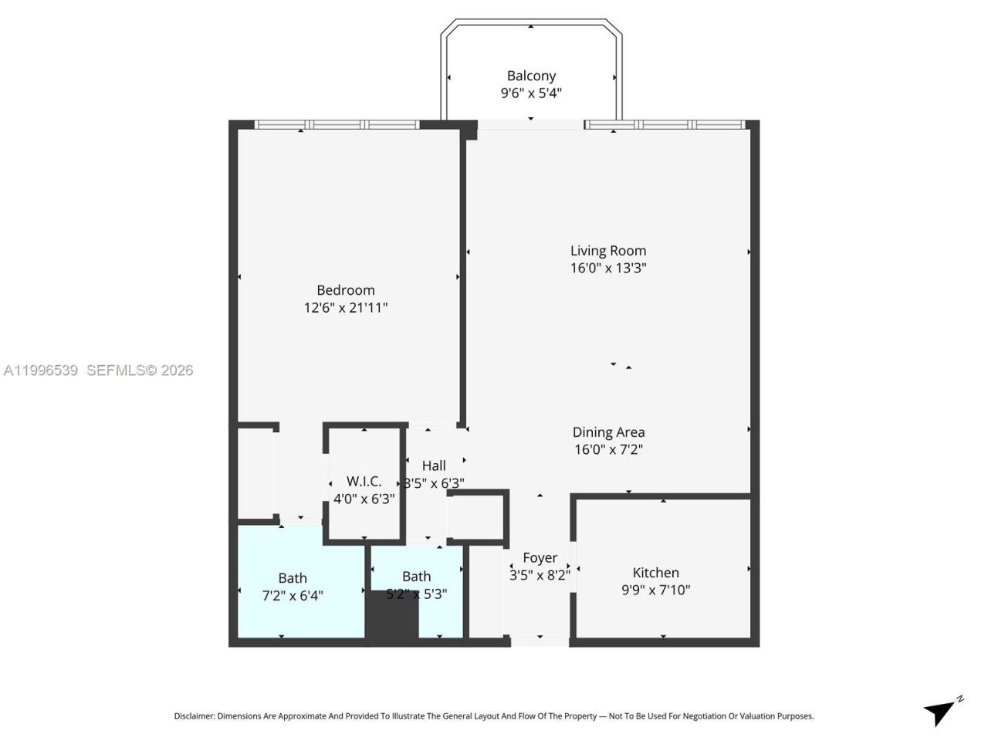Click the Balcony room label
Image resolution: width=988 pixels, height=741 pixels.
[x=531, y=76]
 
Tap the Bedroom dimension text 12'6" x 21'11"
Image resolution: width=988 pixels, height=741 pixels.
[x=345, y=308]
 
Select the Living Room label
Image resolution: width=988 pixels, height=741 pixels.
[x=608, y=250]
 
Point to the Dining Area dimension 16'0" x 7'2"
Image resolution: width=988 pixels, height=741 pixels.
[x=608, y=449]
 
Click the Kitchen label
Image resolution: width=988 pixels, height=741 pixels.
[x=655, y=573]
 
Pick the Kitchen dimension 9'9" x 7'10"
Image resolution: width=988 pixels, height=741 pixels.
[x=655, y=590]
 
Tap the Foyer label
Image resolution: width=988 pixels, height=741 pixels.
[x=540, y=557]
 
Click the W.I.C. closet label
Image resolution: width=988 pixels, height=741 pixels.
[x=364, y=482]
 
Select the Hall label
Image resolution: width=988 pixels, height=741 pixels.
[x=434, y=465]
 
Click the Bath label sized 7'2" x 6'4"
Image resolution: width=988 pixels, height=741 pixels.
[x=293, y=578]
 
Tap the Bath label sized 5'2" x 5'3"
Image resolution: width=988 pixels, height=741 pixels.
[x=416, y=577]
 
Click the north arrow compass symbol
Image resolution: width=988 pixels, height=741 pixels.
[x=941, y=711]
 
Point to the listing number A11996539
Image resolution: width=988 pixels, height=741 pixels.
[x=41, y=370]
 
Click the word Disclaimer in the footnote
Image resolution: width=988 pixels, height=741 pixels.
[x=194, y=716]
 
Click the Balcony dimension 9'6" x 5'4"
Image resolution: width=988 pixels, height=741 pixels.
[x=531, y=93]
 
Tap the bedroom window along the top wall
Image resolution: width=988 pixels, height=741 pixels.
[x=337, y=124]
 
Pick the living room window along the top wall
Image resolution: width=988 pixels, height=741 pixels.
[x=665, y=124]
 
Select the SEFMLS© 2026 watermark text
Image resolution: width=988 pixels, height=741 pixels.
[x=140, y=370]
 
